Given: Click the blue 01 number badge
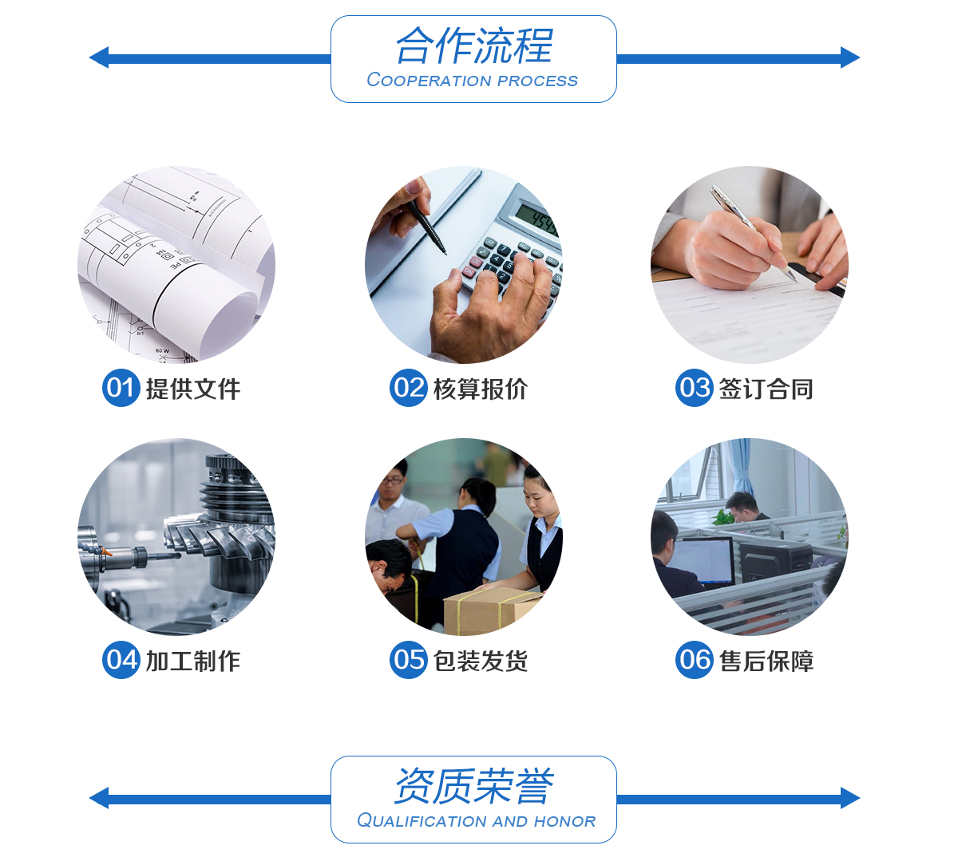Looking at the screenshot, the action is [x=121, y=388].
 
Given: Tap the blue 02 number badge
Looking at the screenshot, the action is [x=408, y=388].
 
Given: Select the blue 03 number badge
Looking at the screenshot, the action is [x=695, y=388].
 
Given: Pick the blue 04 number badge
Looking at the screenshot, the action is [x=121, y=660].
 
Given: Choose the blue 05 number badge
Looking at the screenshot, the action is [x=408, y=660].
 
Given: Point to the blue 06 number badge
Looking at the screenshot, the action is [x=695, y=660].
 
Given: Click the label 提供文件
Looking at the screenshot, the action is [x=193, y=389].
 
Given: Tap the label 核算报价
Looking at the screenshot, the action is [x=481, y=389].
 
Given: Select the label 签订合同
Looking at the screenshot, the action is [x=766, y=389].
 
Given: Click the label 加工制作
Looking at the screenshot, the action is [x=193, y=662].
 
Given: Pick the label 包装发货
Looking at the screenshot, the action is [x=481, y=662].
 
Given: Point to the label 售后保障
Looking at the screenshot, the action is [x=766, y=662].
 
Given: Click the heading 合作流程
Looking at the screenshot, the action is [x=474, y=45].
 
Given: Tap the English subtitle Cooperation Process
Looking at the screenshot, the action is [x=473, y=81].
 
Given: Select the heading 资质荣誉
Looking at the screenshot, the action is [x=474, y=786].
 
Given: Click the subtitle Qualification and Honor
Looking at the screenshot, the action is [x=476, y=821].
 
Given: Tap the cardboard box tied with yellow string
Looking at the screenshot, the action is [x=492, y=613].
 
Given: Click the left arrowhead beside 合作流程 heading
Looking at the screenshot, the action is [x=99, y=57].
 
